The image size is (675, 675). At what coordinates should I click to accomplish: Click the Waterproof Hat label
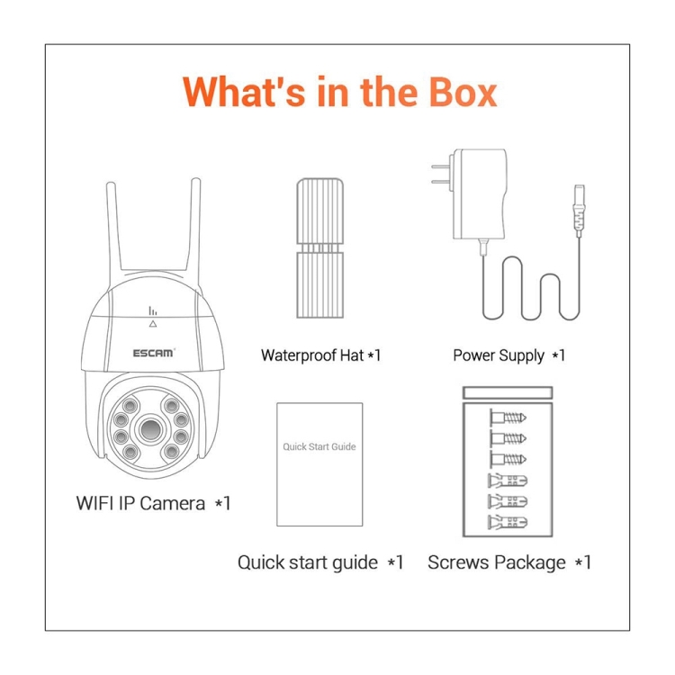click(320, 355)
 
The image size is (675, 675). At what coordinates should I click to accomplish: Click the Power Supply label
click(508, 355)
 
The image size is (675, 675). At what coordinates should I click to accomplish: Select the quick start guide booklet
click(319, 464)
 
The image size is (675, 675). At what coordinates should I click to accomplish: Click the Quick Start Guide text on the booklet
click(319, 446)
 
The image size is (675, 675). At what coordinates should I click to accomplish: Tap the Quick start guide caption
click(319, 563)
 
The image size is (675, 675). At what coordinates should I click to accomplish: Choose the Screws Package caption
click(509, 563)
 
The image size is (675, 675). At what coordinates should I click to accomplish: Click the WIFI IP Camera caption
click(153, 503)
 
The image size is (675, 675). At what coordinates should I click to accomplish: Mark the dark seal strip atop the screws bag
click(505, 392)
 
